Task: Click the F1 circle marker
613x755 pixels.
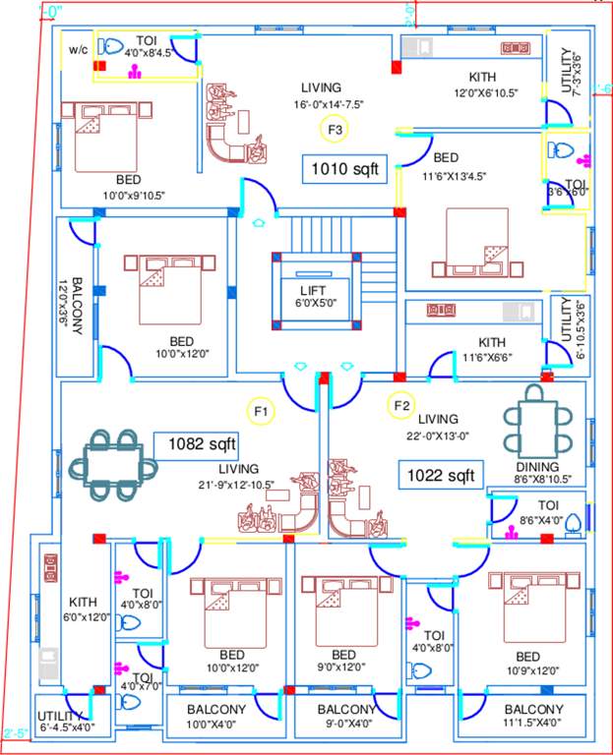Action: click(261, 409)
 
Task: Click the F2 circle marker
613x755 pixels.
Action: click(400, 405)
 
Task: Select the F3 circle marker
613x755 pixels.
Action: click(335, 129)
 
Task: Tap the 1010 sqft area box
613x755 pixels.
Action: click(344, 168)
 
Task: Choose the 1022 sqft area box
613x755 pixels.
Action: click(441, 476)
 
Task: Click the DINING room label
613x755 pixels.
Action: click(535, 467)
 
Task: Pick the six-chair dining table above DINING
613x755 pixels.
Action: click(535, 417)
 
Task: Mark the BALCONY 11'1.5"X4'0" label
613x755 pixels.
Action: click(533, 709)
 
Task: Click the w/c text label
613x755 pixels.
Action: click(79, 49)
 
